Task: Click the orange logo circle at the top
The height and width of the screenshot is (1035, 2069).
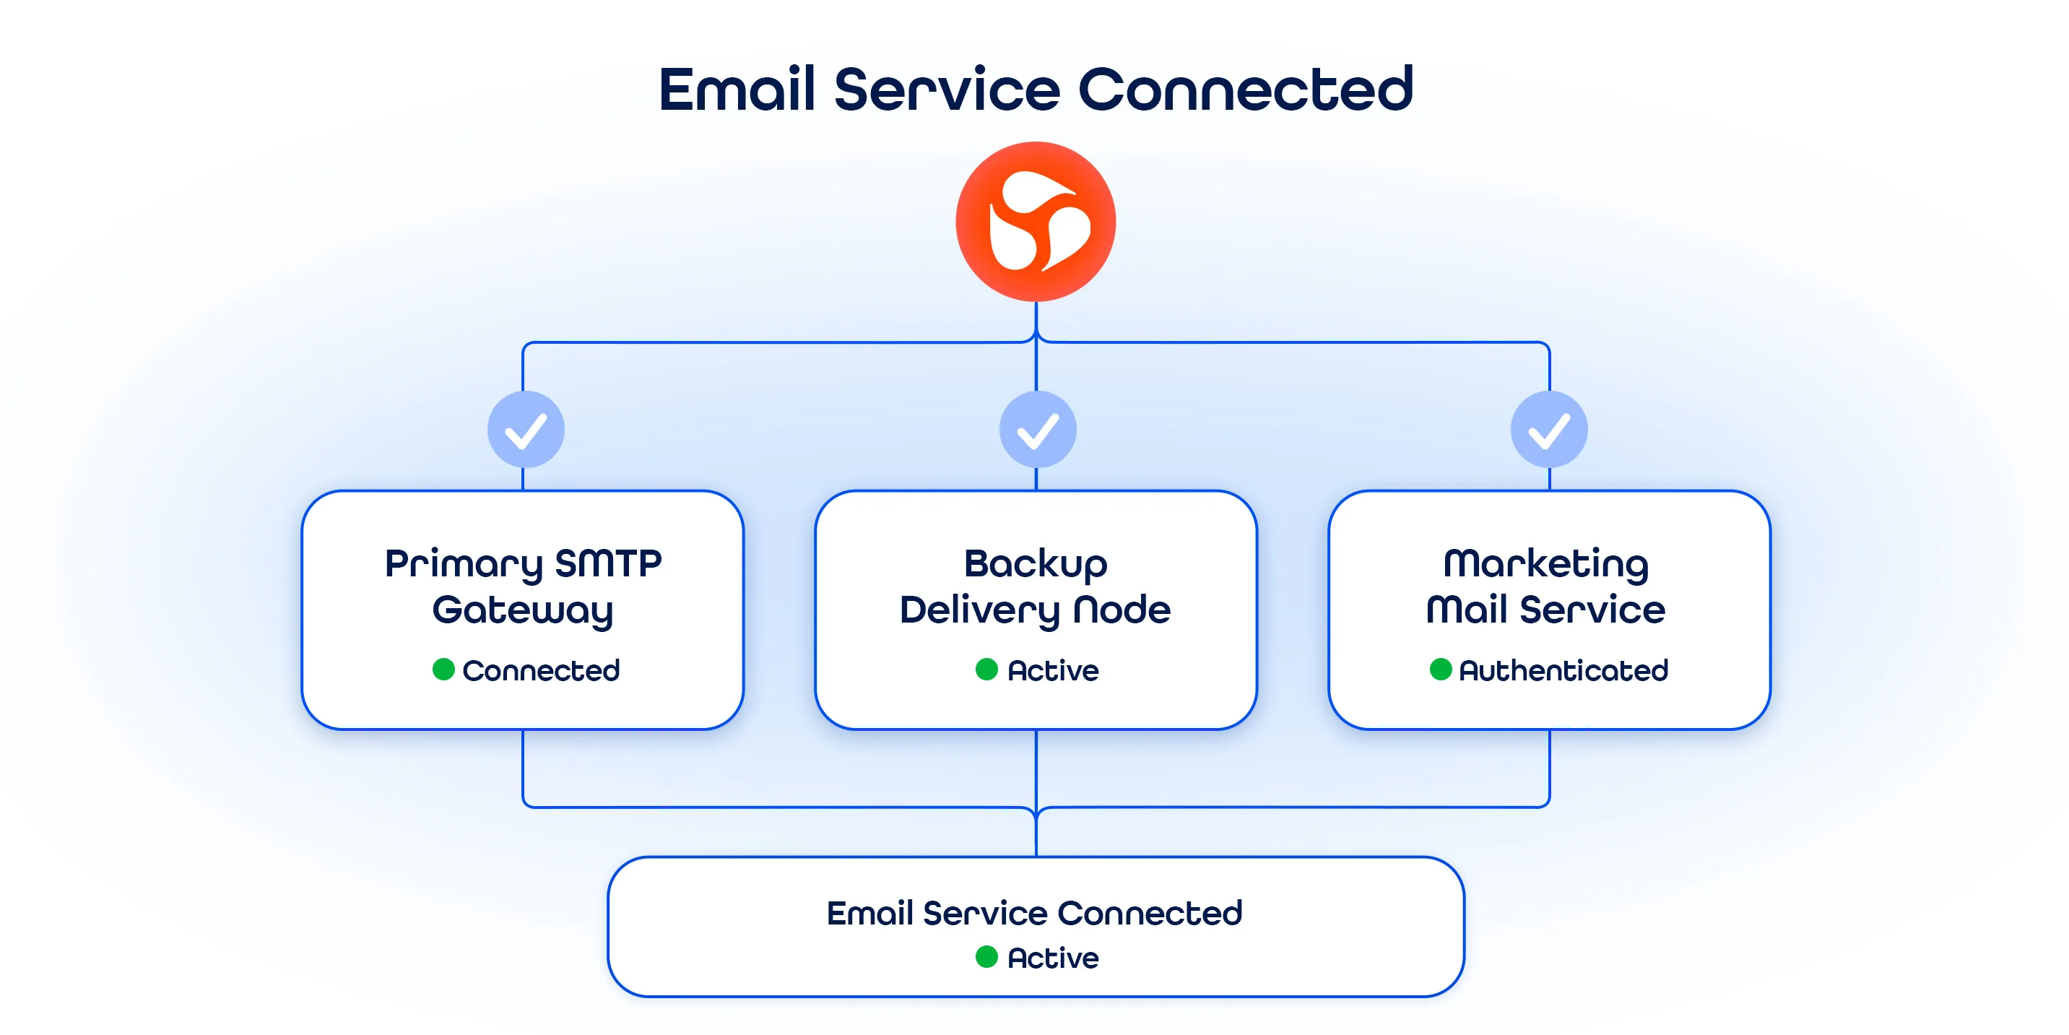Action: pyautogui.click(x=1036, y=222)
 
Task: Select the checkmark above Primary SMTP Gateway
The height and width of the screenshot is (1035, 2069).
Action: pyautogui.click(x=526, y=430)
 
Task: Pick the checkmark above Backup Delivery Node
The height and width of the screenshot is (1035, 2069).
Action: pyautogui.click(x=1038, y=430)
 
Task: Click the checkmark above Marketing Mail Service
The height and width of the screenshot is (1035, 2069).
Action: pyautogui.click(x=1549, y=430)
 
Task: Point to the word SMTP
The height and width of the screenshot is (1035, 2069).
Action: pyautogui.click(x=608, y=563)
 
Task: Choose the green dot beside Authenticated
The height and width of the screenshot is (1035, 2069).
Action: pyautogui.click(x=1441, y=670)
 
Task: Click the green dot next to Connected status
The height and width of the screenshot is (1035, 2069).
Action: pyautogui.click(x=443, y=670)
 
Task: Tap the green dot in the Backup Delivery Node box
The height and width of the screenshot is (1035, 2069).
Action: pyautogui.click(x=986, y=670)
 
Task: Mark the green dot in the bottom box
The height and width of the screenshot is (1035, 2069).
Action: pyautogui.click(x=986, y=957)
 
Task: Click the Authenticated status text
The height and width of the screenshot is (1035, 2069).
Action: pyautogui.click(x=1563, y=670)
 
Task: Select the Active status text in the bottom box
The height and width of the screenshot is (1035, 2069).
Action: pyautogui.click(x=1053, y=958)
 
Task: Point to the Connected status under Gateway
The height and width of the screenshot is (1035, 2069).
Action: pyautogui.click(x=542, y=670)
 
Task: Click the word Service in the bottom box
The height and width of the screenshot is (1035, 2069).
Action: pyautogui.click(x=986, y=914)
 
